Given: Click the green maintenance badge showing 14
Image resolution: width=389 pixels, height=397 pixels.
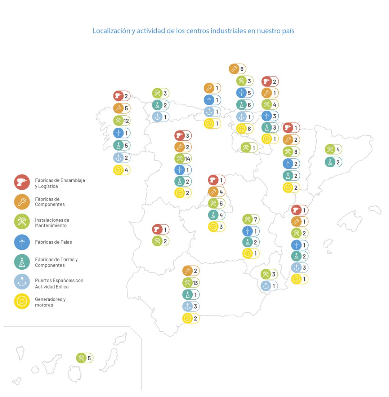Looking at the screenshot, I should tap(183, 158).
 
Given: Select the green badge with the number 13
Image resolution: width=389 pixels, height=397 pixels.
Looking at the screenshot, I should tap(191, 282).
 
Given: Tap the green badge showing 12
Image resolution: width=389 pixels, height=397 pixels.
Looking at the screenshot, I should tap(122, 120).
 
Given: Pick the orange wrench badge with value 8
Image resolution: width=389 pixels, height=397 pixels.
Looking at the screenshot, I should tap(237, 69).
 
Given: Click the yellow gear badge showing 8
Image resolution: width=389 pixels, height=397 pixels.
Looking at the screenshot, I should tap(245, 128).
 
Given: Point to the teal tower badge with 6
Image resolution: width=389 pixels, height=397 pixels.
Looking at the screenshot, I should tap(245, 105).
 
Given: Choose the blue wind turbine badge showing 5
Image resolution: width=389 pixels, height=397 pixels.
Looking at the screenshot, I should tap(245, 93).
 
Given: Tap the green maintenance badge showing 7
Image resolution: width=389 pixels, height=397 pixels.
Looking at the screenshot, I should tap(251, 219).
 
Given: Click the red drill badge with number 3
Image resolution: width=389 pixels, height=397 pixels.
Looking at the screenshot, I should tap(183, 136).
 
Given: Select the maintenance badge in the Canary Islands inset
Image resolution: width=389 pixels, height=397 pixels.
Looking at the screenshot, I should tap(85, 358).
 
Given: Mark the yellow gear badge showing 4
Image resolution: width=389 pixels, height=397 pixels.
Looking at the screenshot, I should tap(122, 170).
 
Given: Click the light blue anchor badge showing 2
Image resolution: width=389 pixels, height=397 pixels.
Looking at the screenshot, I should tap(122, 158).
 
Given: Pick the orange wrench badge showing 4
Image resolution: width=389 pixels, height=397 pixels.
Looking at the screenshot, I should tap(217, 191).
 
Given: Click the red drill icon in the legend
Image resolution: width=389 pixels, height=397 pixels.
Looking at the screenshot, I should tap(22, 182).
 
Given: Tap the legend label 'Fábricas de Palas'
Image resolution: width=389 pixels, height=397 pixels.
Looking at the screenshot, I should tap(53, 242).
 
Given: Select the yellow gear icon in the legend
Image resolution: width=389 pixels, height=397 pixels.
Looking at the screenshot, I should tap(22, 301).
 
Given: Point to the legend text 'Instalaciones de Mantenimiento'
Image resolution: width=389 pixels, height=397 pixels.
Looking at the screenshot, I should tap(52, 222).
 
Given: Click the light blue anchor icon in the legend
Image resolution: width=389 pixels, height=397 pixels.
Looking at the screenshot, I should tap(22, 281).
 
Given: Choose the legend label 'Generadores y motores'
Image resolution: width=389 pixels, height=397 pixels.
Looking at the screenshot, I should tap(50, 302).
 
